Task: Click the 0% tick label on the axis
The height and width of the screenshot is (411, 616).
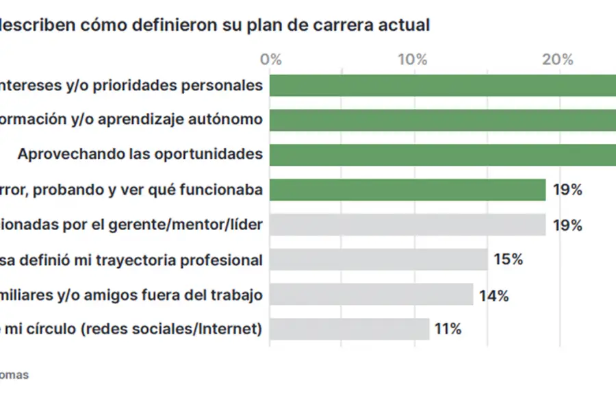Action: click(x=271, y=60)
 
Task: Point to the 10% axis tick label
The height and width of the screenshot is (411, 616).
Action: click(x=413, y=60)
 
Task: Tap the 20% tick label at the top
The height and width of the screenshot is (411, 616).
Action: click(x=558, y=60)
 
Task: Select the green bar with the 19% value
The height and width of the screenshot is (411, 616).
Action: click(x=407, y=190)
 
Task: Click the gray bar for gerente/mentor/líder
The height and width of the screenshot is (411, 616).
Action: click(x=407, y=225)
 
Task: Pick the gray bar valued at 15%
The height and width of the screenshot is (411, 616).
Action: click(x=378, y=260)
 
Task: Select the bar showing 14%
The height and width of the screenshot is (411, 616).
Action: click(x=371, y=295)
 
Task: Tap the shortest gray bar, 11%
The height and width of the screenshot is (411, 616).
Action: click(x=349, y=329)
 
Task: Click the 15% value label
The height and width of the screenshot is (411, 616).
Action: click(x=508, y=260)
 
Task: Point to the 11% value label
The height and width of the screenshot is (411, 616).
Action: click(x=448, y=329)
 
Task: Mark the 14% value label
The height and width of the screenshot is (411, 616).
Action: click(x=493, y=295)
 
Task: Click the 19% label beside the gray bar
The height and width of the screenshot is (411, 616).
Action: click(x=567, y=225)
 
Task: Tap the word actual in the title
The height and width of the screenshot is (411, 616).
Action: click(x=409, y=25)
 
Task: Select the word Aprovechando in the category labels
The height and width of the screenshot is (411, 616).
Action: click(x=69, y=153)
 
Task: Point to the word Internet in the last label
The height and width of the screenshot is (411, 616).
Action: click(x=229, y=329)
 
